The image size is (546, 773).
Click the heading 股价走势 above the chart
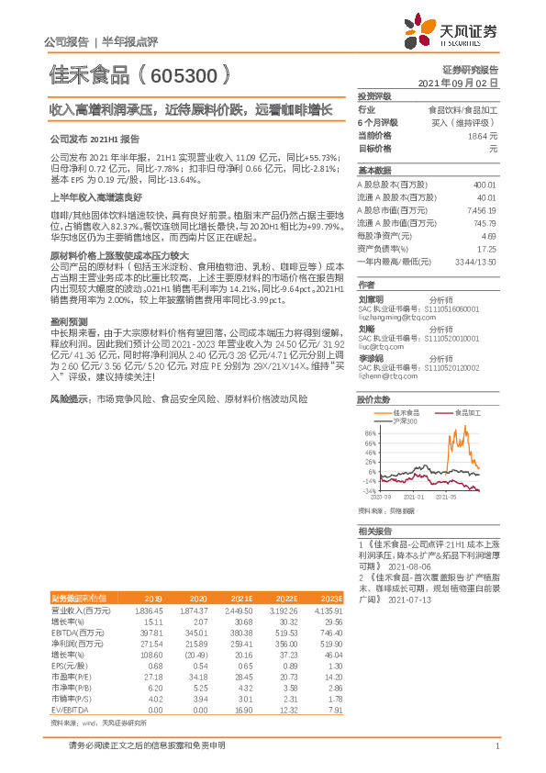click(x=373, y=400)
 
